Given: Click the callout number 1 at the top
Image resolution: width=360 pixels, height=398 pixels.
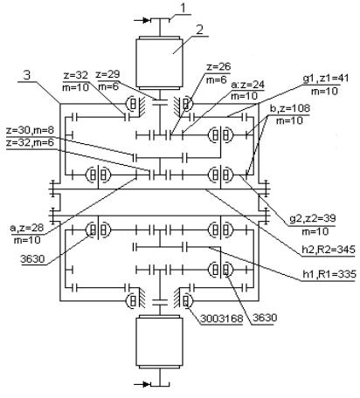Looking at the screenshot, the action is (x=183, y=8).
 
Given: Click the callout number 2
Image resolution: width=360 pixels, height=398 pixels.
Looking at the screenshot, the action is (x=199, y=30).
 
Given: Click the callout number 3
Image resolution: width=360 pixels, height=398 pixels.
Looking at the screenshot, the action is (x=26, y=76).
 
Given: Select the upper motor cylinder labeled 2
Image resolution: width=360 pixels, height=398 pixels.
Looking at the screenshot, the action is (x=160, y=63).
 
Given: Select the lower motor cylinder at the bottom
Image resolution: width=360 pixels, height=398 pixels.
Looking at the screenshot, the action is (x=160, y=341).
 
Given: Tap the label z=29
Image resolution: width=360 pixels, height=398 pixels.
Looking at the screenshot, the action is (x=107, y=74).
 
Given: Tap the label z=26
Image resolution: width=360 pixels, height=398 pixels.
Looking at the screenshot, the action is (x=218, y=66).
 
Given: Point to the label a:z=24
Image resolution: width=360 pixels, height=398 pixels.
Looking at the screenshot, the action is (x=247, y=85).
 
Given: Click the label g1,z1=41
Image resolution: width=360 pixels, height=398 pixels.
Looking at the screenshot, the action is (x=326, y=79).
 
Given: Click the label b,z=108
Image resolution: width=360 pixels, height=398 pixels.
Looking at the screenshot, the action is (x=290, y=108).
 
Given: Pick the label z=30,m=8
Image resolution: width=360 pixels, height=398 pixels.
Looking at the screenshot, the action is (x=30, y=131).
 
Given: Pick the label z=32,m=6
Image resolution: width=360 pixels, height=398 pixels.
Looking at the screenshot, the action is (x=30, y=143).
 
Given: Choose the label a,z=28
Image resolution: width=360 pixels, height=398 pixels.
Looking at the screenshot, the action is (x=27, y=228).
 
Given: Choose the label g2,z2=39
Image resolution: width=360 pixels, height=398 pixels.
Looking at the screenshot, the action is (x=312, y=218).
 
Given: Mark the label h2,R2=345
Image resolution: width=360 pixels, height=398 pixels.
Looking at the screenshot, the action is (x=329, y=250).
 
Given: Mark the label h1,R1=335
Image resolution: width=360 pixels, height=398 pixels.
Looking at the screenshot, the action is (x=329, y=274).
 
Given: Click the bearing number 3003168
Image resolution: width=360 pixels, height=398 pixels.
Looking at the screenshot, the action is (x=221, y=319).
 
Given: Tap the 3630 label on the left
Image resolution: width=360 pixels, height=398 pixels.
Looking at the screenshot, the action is (x=33, y=259).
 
